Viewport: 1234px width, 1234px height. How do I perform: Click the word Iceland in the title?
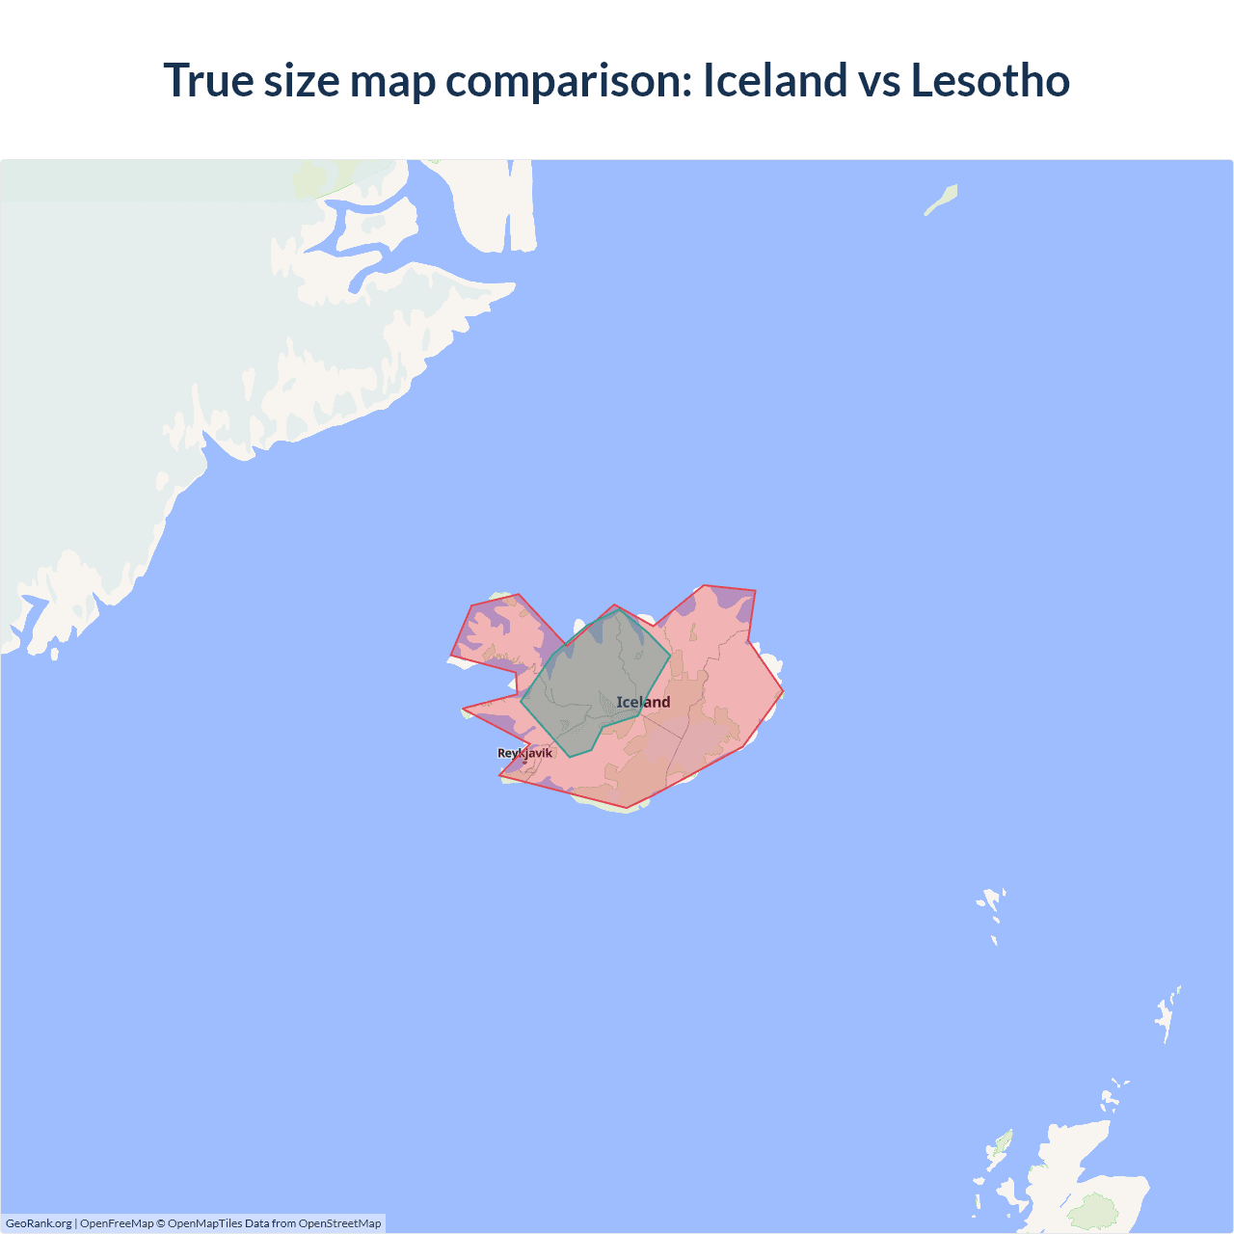coord(773,80)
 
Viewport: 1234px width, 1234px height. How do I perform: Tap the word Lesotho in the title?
coord(990,80)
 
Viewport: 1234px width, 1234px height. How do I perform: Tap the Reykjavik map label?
coord(524,753)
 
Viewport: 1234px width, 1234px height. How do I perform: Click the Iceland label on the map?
coord(643,702)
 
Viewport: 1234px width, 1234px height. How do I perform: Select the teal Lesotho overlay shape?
coord(588,684)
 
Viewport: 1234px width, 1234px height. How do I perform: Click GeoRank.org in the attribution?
coord(39,1223)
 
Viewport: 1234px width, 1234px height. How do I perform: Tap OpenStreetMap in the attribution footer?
coord(339,1223)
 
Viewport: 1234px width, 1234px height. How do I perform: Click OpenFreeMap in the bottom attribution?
coord(117,1223)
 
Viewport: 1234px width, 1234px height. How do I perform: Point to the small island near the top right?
coord(941,200)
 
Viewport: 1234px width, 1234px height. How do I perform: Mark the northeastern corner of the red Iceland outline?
coord(755,590)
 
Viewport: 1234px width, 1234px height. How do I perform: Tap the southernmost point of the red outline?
coord(627,808)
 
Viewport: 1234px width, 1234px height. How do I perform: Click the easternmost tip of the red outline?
coord(783,691)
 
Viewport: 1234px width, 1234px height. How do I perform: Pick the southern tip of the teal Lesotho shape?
coord(571,757)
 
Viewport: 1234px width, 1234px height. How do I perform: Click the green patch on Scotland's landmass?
coord(1094,1211)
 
